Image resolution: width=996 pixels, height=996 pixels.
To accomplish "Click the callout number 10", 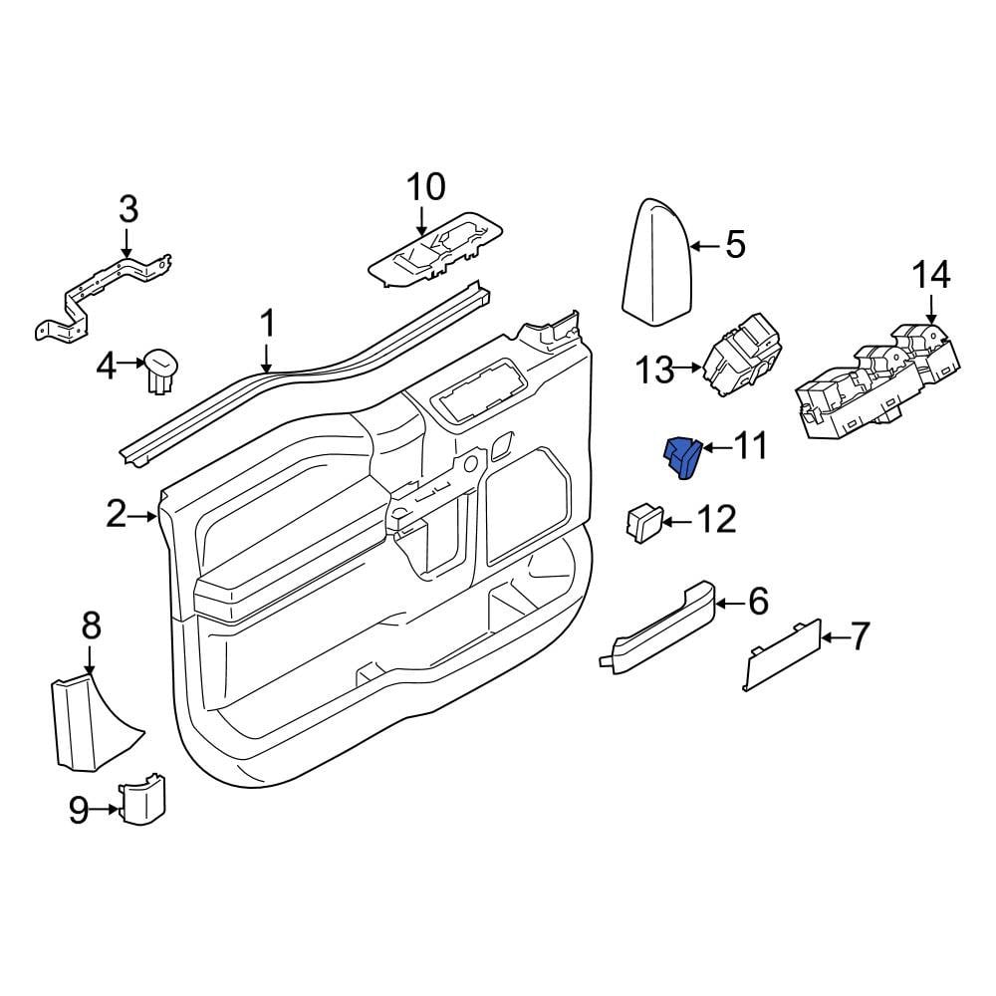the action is coord(425,187).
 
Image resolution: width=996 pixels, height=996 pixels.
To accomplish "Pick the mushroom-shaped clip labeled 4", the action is coord(161,369).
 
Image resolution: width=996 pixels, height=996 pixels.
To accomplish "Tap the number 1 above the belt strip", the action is coord(269,324).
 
